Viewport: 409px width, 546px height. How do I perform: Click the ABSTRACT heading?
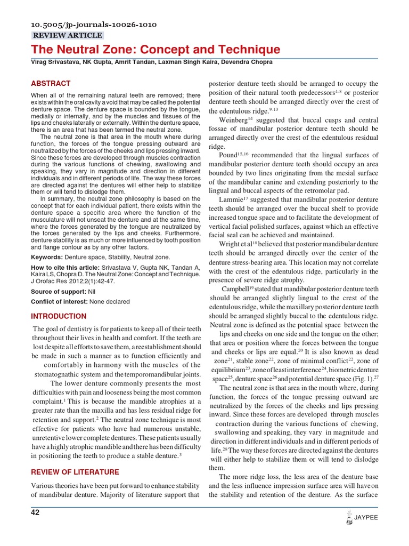coord(51,84)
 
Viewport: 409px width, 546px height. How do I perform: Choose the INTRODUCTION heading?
coord(59,316)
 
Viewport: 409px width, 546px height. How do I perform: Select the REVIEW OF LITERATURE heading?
coord(75,472)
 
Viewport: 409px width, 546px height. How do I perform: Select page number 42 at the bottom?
coord(35,513)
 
